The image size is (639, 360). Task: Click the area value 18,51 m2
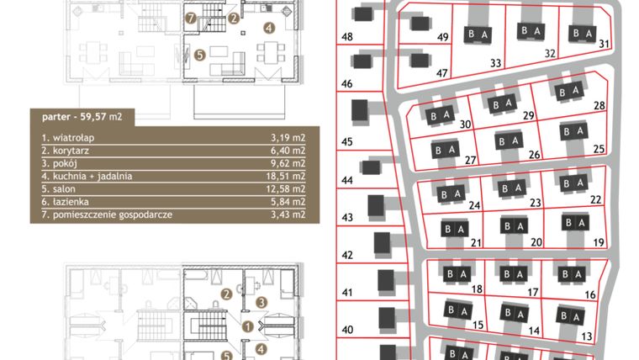[285, 177]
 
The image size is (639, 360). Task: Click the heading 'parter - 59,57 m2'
[77, 117]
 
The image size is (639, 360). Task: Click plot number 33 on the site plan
[495, 63]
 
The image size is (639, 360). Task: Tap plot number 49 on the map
[444, 37]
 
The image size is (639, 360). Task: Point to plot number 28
[599, 105]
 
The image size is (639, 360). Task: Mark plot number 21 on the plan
[475, 242]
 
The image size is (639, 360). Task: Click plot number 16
[589, 295]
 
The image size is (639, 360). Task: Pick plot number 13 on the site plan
[587, 336]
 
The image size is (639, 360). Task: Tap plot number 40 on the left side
[346, 330]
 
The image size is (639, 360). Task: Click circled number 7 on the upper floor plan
[191, 18]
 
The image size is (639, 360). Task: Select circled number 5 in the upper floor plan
[199, 55]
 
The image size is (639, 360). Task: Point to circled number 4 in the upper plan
[268, 28]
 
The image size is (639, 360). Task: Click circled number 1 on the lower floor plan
[246, 326]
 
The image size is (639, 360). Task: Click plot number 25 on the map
[599, 149]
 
